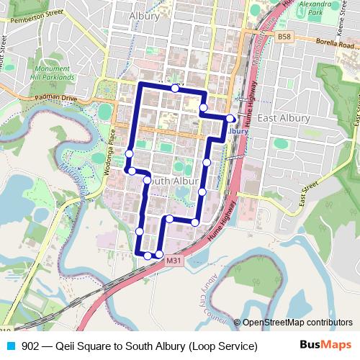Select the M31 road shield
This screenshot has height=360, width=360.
click(x=172, y=260)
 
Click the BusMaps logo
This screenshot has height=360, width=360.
click(x=325, y=346)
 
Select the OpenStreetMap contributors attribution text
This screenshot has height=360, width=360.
click(x=297, y=323)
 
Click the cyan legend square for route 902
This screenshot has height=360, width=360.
click(x=10, y=346)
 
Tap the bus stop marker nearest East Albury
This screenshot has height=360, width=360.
click(x=230, y=118)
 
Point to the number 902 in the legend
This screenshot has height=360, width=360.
click(x=30, y=346)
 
